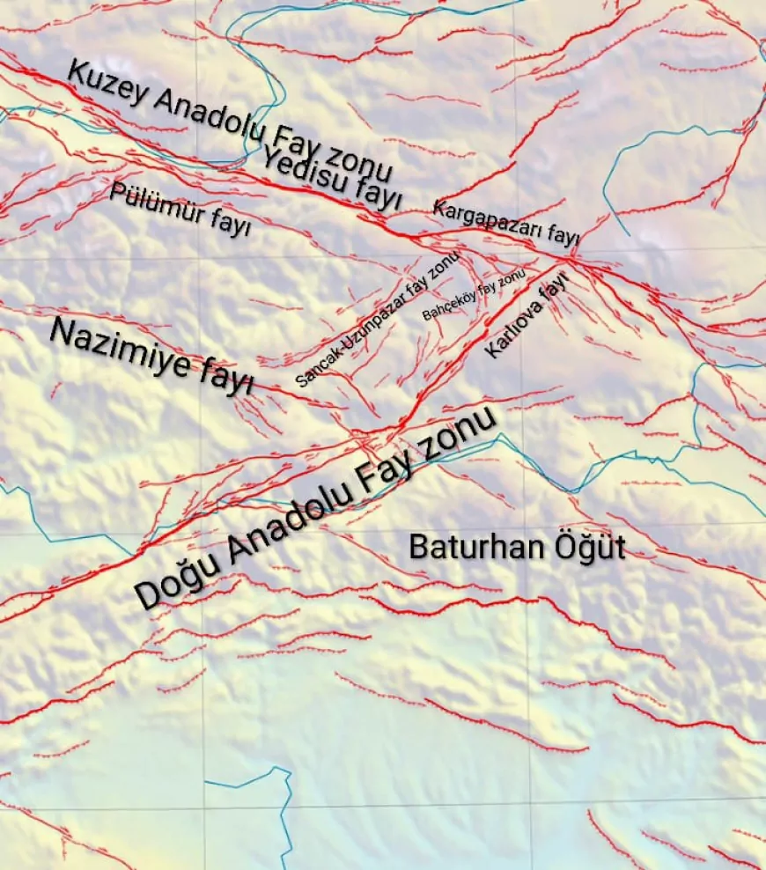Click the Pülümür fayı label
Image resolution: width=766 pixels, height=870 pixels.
tap(180, 208)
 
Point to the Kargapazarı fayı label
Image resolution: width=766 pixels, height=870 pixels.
tap(505, 222)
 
